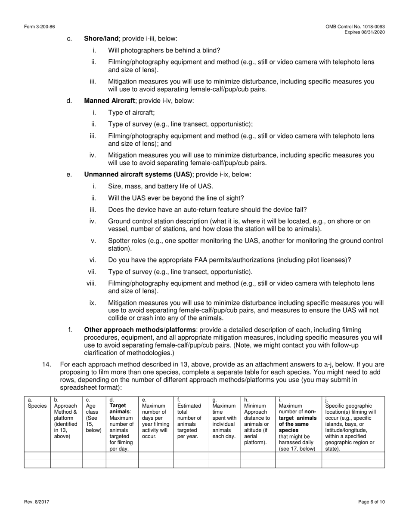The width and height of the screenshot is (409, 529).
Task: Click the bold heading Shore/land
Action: tap(101, 39)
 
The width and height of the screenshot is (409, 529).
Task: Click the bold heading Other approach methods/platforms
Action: tap(140, 330)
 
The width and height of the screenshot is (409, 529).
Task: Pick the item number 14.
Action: tap(46, 364)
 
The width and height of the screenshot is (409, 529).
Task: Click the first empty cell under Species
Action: tap(37, 456)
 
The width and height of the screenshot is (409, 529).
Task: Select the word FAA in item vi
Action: tap(201, 260)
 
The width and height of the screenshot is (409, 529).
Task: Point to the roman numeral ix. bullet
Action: tap(93, 303)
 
